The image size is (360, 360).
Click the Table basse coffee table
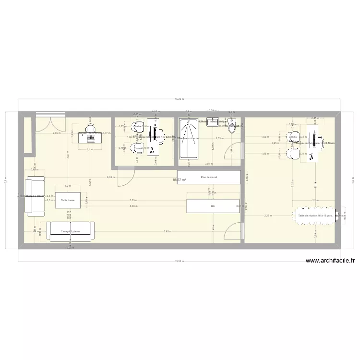tap(68, 200)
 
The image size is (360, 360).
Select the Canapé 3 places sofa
tap(71, 231)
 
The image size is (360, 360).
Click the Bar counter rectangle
tap(213, 206)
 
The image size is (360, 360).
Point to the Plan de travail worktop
tap(209, 177)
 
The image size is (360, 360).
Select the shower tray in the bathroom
tap(188, 138)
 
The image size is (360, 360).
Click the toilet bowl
tap(233, 127)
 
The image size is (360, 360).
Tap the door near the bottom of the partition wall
tap(232, 231)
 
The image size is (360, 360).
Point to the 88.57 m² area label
tap(179, 180)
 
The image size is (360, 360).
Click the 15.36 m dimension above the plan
tap(179, 99)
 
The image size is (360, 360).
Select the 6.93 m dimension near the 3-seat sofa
tap(167, 232)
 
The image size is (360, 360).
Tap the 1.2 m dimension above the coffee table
tap(68, 186)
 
